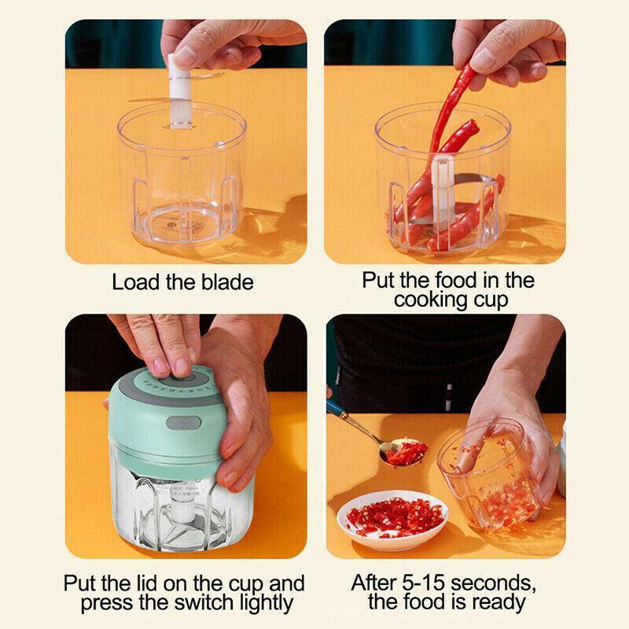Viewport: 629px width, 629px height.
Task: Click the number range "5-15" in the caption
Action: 425,584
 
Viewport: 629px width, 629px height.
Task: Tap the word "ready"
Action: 499,604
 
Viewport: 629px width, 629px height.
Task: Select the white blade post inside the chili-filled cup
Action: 441,197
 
